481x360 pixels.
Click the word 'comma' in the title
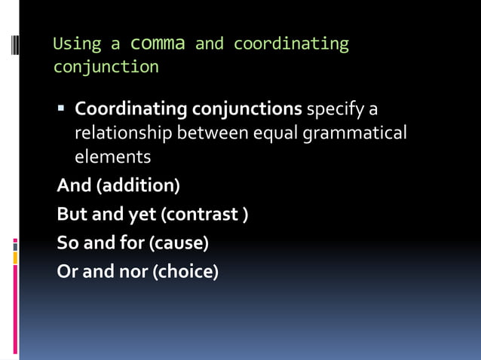[158, 43]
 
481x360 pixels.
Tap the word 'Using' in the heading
[72, 44]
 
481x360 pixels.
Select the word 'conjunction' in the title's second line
[106, 67]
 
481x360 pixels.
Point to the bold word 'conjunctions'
[247, 109]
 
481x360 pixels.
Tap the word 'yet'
[141, 215]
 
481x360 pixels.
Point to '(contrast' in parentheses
[199, 215]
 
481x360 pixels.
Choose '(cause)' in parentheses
[179, 244]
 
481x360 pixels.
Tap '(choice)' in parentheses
[185, 272]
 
